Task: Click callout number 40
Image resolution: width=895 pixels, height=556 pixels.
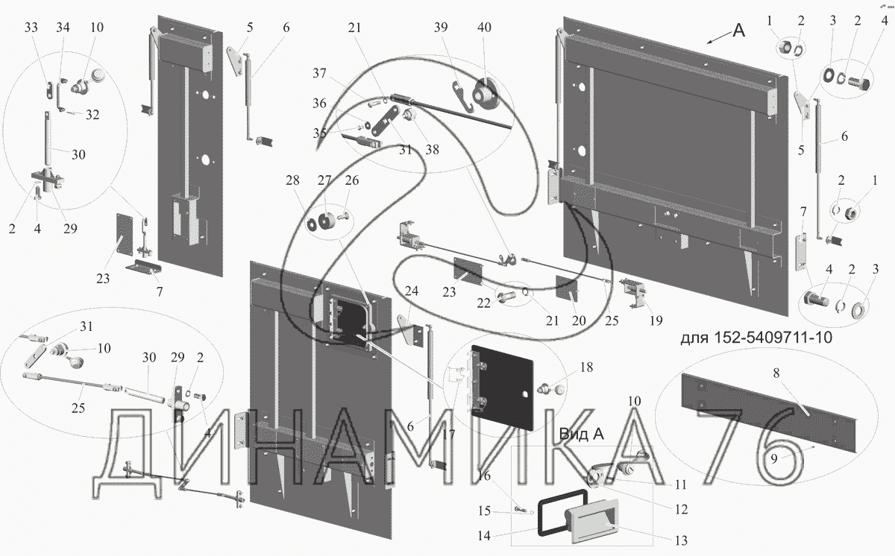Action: [485, 27]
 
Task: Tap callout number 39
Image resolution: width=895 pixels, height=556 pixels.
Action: [442, 27]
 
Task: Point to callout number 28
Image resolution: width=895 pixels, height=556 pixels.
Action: [292, 182]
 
